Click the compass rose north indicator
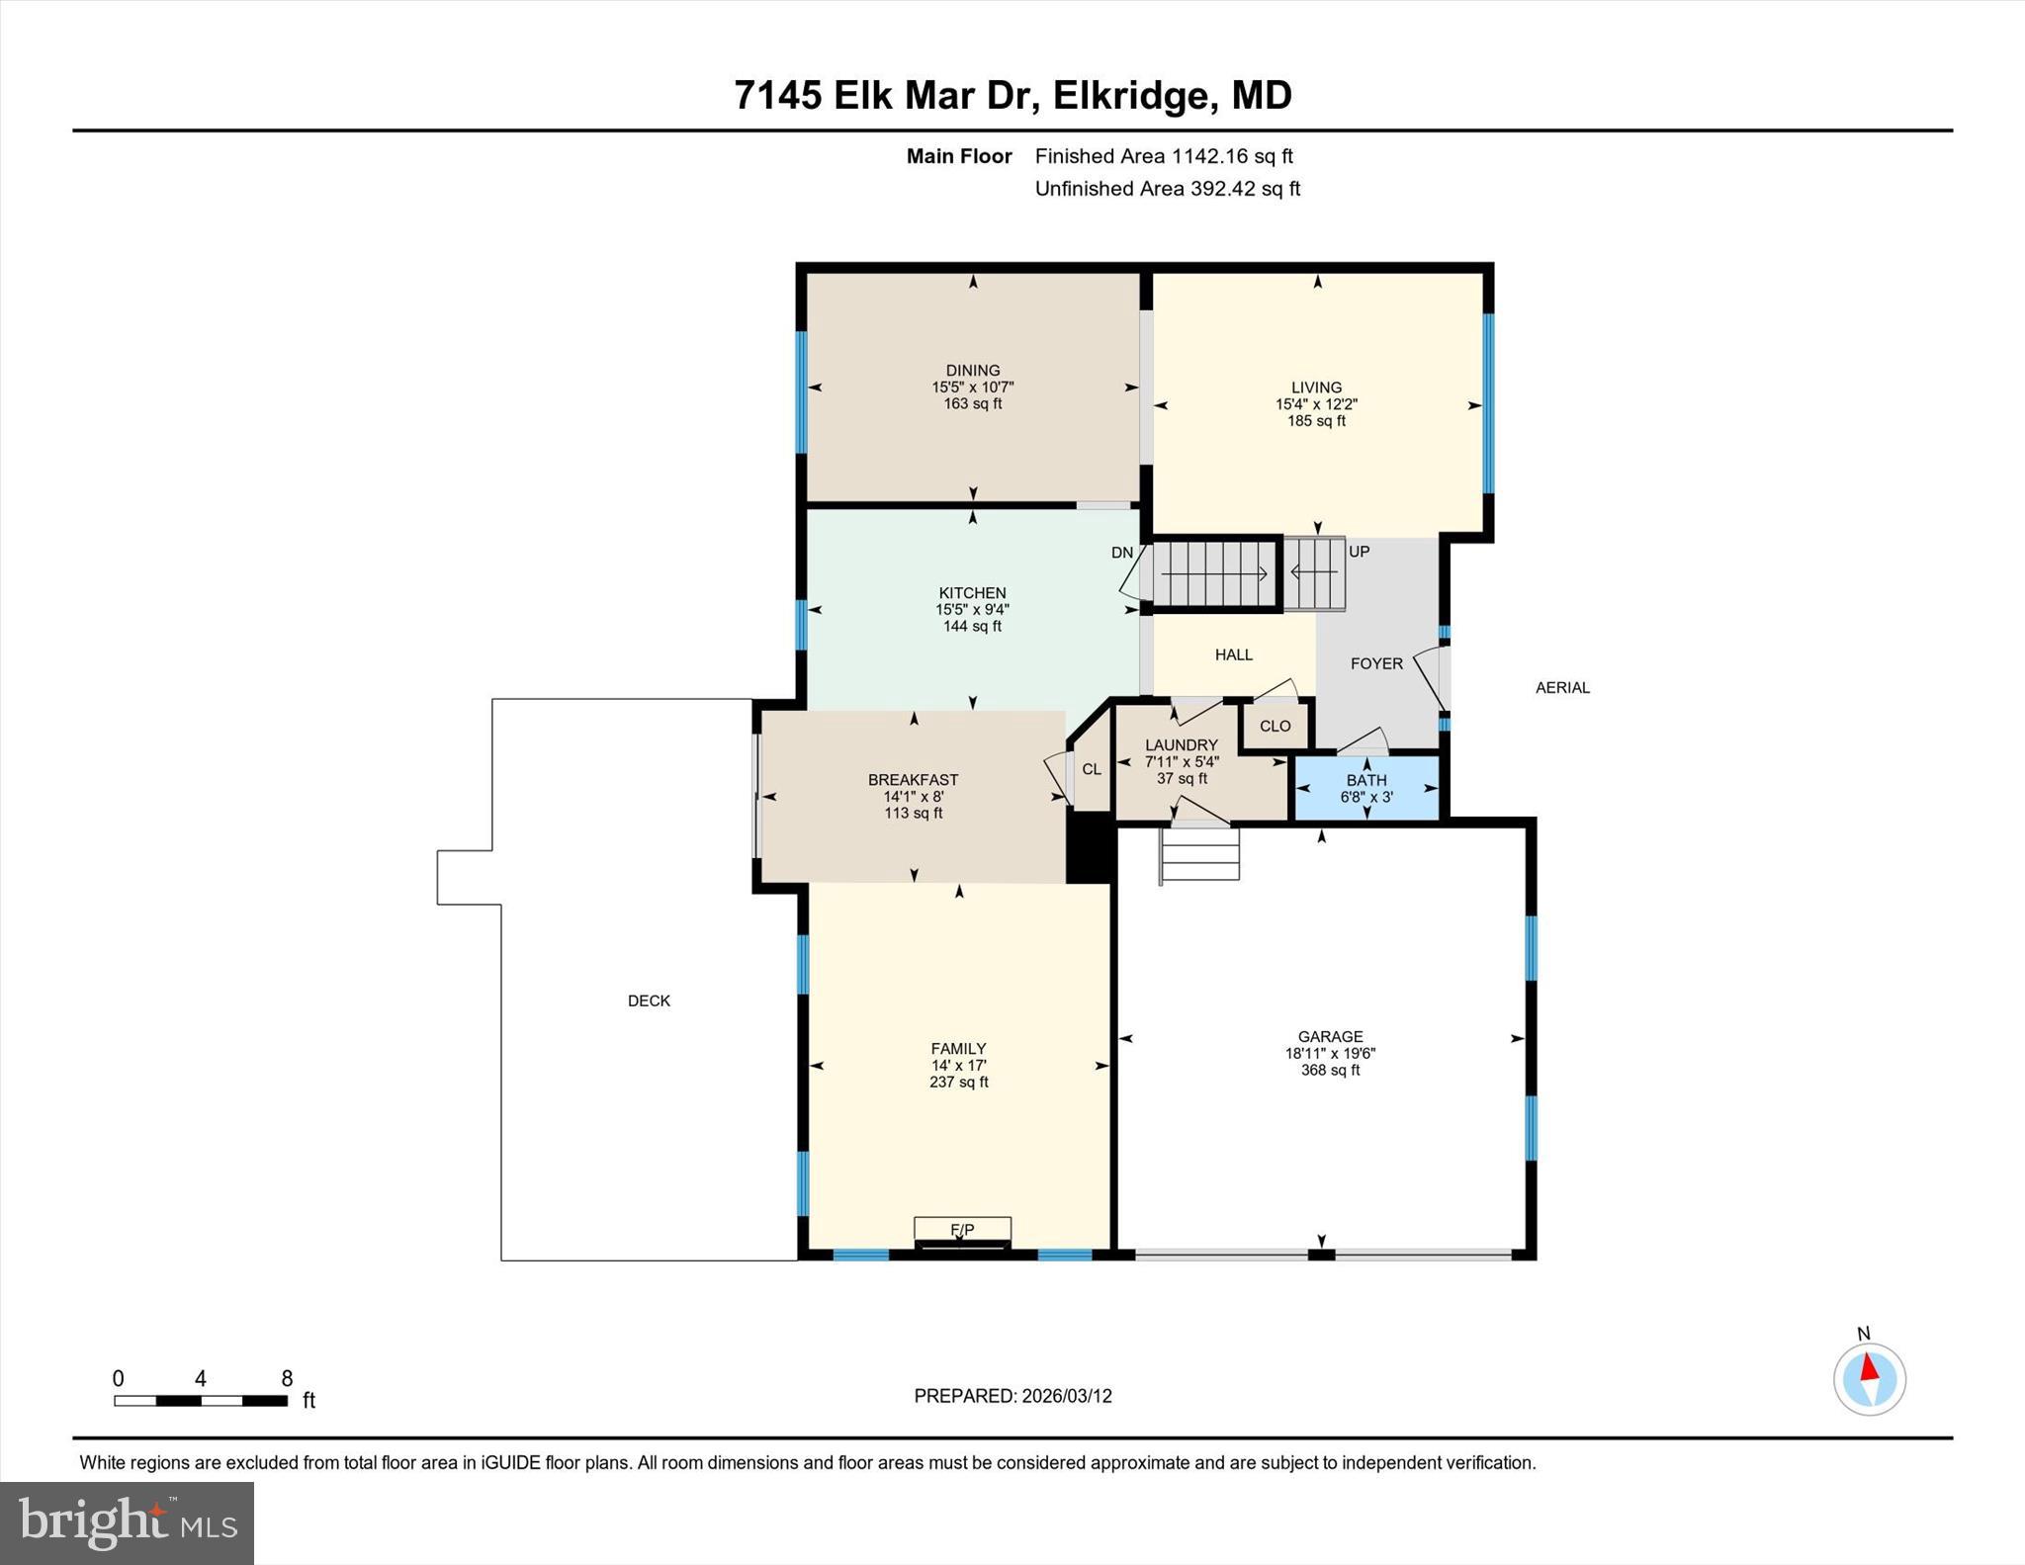1869,1378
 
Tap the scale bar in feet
201,1400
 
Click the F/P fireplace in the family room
962,1232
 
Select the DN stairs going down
1214,573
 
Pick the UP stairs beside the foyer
1315,572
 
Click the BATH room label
1366,780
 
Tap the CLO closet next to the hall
1275,726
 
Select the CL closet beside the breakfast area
1092,769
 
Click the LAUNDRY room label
1182,745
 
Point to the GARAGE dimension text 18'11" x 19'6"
1330,1054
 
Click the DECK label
649,1000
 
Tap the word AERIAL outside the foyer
1562,687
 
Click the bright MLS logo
127,1522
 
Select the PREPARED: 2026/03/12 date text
1012,1396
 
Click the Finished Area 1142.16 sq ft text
1163,156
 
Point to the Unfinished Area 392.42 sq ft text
1167,189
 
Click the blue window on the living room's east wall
1488,403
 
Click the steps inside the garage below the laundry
1199,854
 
